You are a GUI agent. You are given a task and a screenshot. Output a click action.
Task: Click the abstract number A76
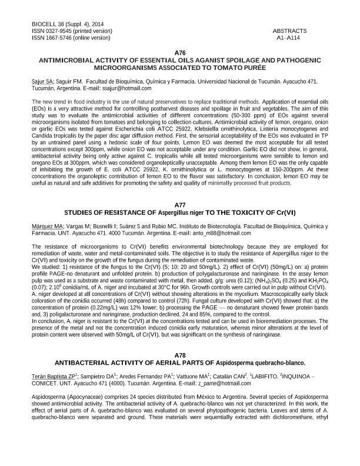coord(180,53)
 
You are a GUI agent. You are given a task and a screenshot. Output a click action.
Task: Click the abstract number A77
coord(180,205)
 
